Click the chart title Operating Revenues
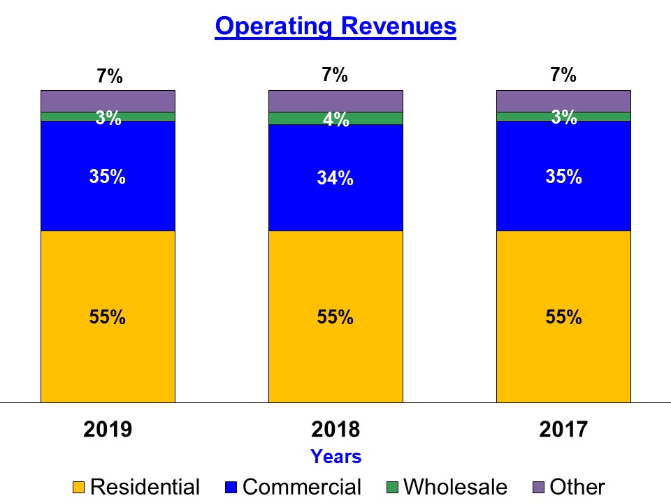pos(335,27)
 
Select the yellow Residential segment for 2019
pos(108,349)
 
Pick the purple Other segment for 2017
pos(563,101)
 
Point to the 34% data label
pos(335,179)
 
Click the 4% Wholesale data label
pos(335,120)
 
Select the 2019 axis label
pos(108,429)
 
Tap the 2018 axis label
pos(335,429)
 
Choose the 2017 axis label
pos(563,429)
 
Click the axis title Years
pos(335,457)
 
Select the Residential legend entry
pos(137,487)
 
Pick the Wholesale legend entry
pos(447,487)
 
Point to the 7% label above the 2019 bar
pos(110,77)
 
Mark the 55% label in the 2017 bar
pos(563,317)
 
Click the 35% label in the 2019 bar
pos(108,177)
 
